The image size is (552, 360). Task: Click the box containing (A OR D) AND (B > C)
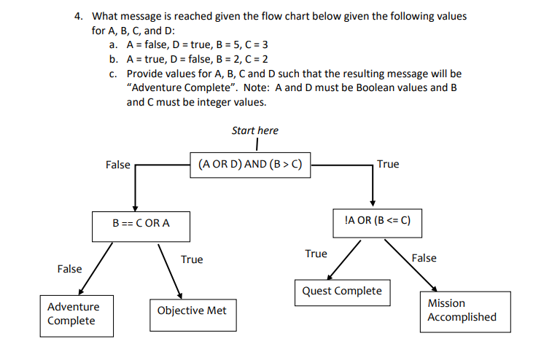[x=249, y=165]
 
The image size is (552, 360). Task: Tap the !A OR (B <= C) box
[x=376, y=219]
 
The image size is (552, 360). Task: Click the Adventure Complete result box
[x=71, y=314]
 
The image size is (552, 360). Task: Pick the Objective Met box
[x=192, y=311]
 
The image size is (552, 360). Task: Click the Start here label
[x=254, y=130]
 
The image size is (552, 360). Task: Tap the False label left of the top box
[x=117, y=165]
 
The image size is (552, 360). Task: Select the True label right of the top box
[x=388, y=164]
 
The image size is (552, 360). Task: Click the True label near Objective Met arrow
[x=192, y=259]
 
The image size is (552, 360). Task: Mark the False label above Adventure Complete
[x=69, y=269]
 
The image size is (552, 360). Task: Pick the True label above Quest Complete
[x=316, y=254]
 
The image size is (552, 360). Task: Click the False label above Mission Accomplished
[x=424, y=258]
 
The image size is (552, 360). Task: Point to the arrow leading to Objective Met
[x=168, y=270]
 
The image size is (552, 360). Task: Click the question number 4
[x=79, y=16]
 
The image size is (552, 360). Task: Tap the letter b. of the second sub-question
[x=114, y=59]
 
